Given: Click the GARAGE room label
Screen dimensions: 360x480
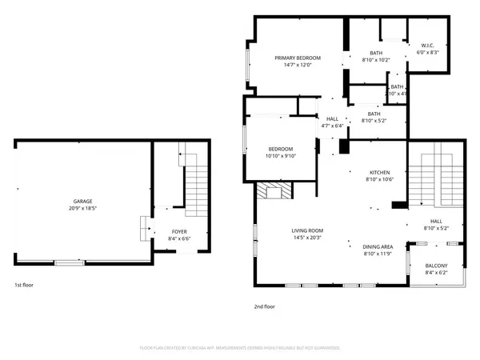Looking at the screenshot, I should [82, 201].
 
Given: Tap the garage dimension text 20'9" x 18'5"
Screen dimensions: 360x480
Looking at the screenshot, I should [82, 208].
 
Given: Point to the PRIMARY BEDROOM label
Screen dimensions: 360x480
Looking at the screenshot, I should [298, 58].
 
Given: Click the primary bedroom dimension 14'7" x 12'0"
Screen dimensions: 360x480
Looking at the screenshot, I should [298, 65].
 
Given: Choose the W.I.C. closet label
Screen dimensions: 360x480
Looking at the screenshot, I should [427, 45].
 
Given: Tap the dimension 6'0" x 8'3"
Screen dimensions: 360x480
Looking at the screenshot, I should [427, 52].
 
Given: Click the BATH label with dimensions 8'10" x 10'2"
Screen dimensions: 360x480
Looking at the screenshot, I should [375, 53].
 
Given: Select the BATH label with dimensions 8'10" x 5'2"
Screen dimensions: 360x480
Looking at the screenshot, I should [374, 114].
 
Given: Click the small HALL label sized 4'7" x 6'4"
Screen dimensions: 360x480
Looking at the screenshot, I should [332, 118].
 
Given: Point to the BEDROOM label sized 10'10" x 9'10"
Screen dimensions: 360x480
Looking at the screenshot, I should [280, 149].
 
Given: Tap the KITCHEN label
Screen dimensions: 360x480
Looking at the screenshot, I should [379, 173].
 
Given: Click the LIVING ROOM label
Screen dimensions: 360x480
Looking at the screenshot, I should [306, 230].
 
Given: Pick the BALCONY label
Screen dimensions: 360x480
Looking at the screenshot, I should [436, 266].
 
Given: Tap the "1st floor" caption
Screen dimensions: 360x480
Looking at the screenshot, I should [23, 284].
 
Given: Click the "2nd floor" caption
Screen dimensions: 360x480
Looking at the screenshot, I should [264, 306].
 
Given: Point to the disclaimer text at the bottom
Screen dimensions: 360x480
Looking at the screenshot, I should [240, 348].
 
